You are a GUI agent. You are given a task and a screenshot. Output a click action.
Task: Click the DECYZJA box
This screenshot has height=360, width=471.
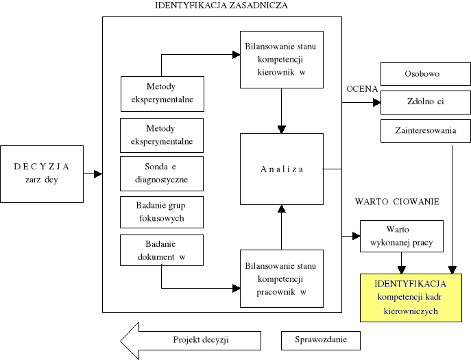tap(42, 173)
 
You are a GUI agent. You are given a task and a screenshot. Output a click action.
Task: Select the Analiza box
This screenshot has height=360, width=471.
tap(281, 169)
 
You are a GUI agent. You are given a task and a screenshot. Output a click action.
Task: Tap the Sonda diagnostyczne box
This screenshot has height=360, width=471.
tap(162, 174)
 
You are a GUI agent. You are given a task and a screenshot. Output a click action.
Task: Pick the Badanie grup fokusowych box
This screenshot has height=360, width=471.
tap(162, 213)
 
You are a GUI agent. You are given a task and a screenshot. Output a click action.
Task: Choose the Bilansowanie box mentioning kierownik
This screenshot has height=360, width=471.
tap(281, 60)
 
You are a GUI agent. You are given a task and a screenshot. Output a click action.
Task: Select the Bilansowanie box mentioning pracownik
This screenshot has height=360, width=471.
tap(281, 279)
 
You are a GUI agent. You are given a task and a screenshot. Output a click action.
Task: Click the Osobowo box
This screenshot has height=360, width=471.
tap(425, 73)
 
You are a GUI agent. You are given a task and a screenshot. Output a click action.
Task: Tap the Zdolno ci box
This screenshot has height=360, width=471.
tap(425, 102)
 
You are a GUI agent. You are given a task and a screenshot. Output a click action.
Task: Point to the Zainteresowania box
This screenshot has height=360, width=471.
tap(425, 130)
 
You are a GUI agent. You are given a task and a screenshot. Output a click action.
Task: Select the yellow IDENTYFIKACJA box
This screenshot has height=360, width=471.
tap(411, 297)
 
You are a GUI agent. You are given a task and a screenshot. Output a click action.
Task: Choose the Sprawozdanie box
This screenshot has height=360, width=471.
tap(321, 340)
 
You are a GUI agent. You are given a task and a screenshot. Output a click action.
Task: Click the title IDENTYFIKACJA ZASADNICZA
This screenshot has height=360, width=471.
tap(221, 5)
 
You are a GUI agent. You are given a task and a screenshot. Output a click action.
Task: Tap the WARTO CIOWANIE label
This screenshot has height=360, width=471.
tap(397, 202)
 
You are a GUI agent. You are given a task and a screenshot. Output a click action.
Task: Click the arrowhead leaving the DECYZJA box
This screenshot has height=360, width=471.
tap(97, 174)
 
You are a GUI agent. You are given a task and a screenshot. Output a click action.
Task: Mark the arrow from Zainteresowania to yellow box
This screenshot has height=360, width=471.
tap(452, 206)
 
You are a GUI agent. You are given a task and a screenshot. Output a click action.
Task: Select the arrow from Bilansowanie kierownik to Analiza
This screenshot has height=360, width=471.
tap(281, 110)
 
